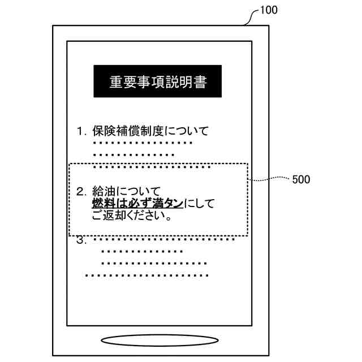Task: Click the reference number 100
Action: pos(269,11)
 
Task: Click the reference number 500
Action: pos(300,180)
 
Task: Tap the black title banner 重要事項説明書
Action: pos(157,82)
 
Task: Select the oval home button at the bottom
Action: pos(159,341)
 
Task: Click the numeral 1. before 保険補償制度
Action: pos(81,132)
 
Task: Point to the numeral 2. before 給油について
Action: pos(81,190)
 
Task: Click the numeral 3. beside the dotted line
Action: pos(81,240)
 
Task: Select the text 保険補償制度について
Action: pos(150,132)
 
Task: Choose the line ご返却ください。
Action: pos(132,216)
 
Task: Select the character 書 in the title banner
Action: pos(199,82)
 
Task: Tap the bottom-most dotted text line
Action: pos(146,275)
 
